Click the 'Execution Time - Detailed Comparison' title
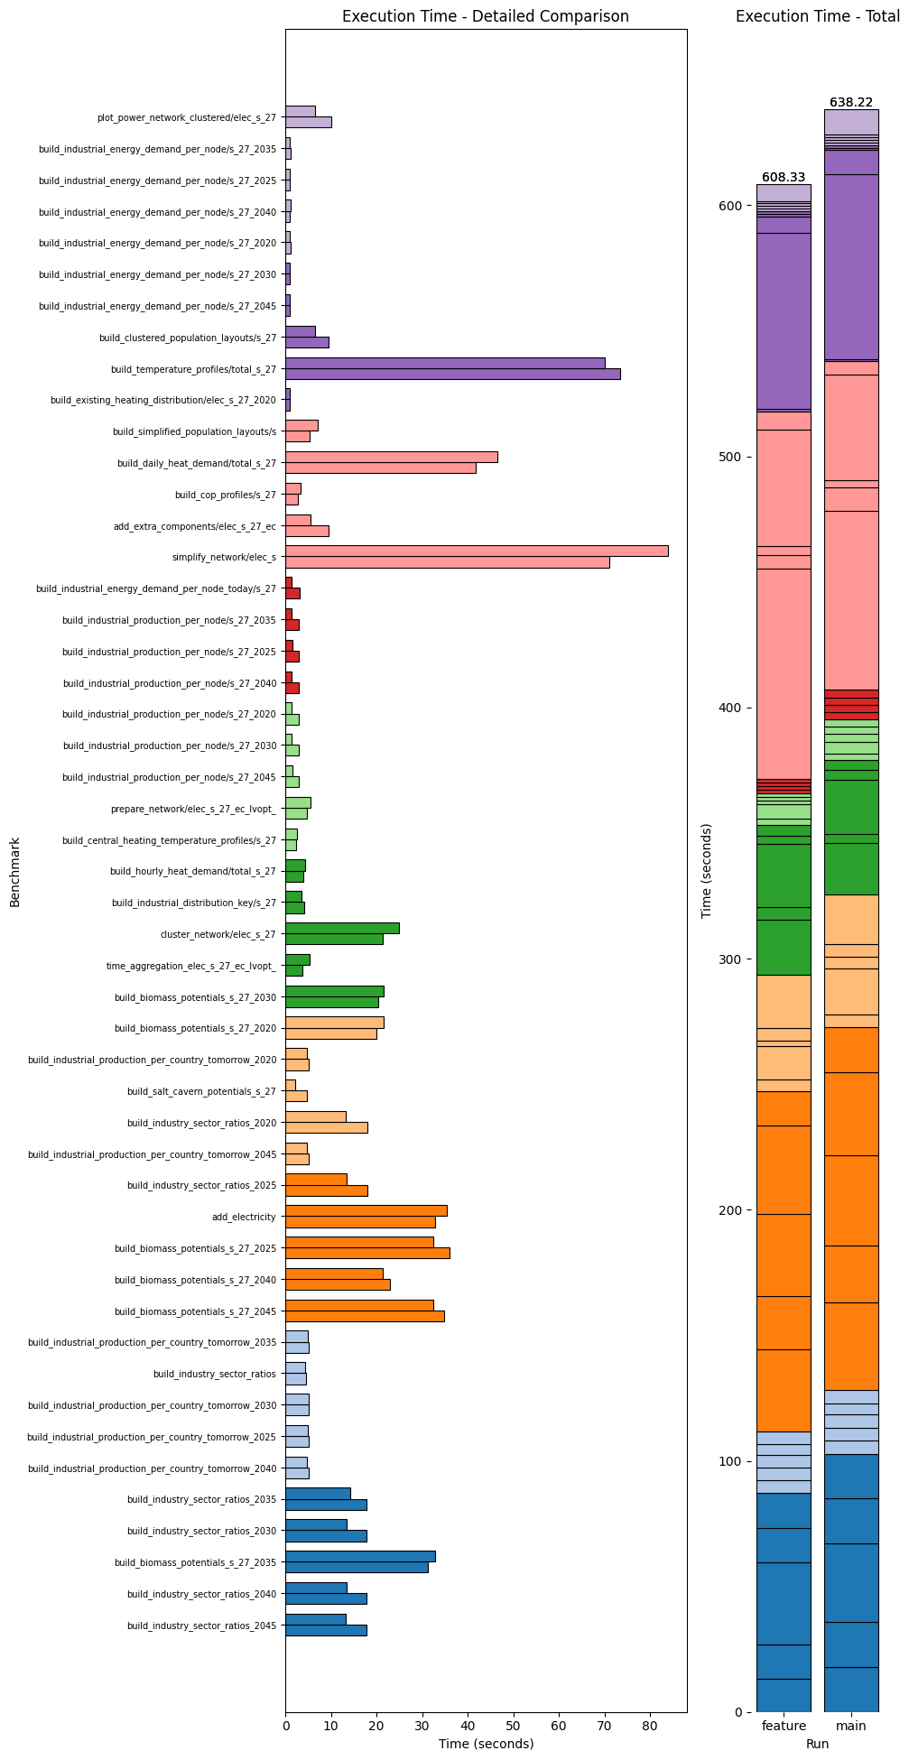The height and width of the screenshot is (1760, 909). pos(485,16)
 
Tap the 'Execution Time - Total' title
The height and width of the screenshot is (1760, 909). pos(817,16)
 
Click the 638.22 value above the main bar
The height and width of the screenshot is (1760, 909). pos(850,102)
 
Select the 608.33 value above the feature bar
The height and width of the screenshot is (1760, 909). pos(783,177)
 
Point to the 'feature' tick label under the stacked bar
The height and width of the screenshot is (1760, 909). pos(783,1726)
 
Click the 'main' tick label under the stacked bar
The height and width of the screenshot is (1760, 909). pos(850,1726)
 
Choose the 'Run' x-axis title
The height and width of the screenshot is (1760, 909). pos(817,1744)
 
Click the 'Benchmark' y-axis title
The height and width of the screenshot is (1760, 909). pos(14,871)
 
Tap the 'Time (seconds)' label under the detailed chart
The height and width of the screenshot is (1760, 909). pos(486,1744)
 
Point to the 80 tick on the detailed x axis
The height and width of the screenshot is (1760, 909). pos(650,1726)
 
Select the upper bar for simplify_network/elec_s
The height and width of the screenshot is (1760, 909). pos(477,551)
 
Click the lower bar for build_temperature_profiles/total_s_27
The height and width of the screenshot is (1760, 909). pos(452,374)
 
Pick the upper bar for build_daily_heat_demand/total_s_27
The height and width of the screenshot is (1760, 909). pos(391,457)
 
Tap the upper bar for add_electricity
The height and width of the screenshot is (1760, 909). pos(366,1210)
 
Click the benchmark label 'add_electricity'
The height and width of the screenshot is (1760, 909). pos(244,1217)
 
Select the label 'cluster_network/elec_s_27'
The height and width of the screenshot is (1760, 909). pos(218,934)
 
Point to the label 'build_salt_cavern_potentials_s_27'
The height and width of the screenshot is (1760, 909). pos(201,1091)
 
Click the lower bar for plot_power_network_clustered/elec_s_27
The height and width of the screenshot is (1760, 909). pos(308,122)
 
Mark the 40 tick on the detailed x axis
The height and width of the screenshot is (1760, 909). pos(468,1726)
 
